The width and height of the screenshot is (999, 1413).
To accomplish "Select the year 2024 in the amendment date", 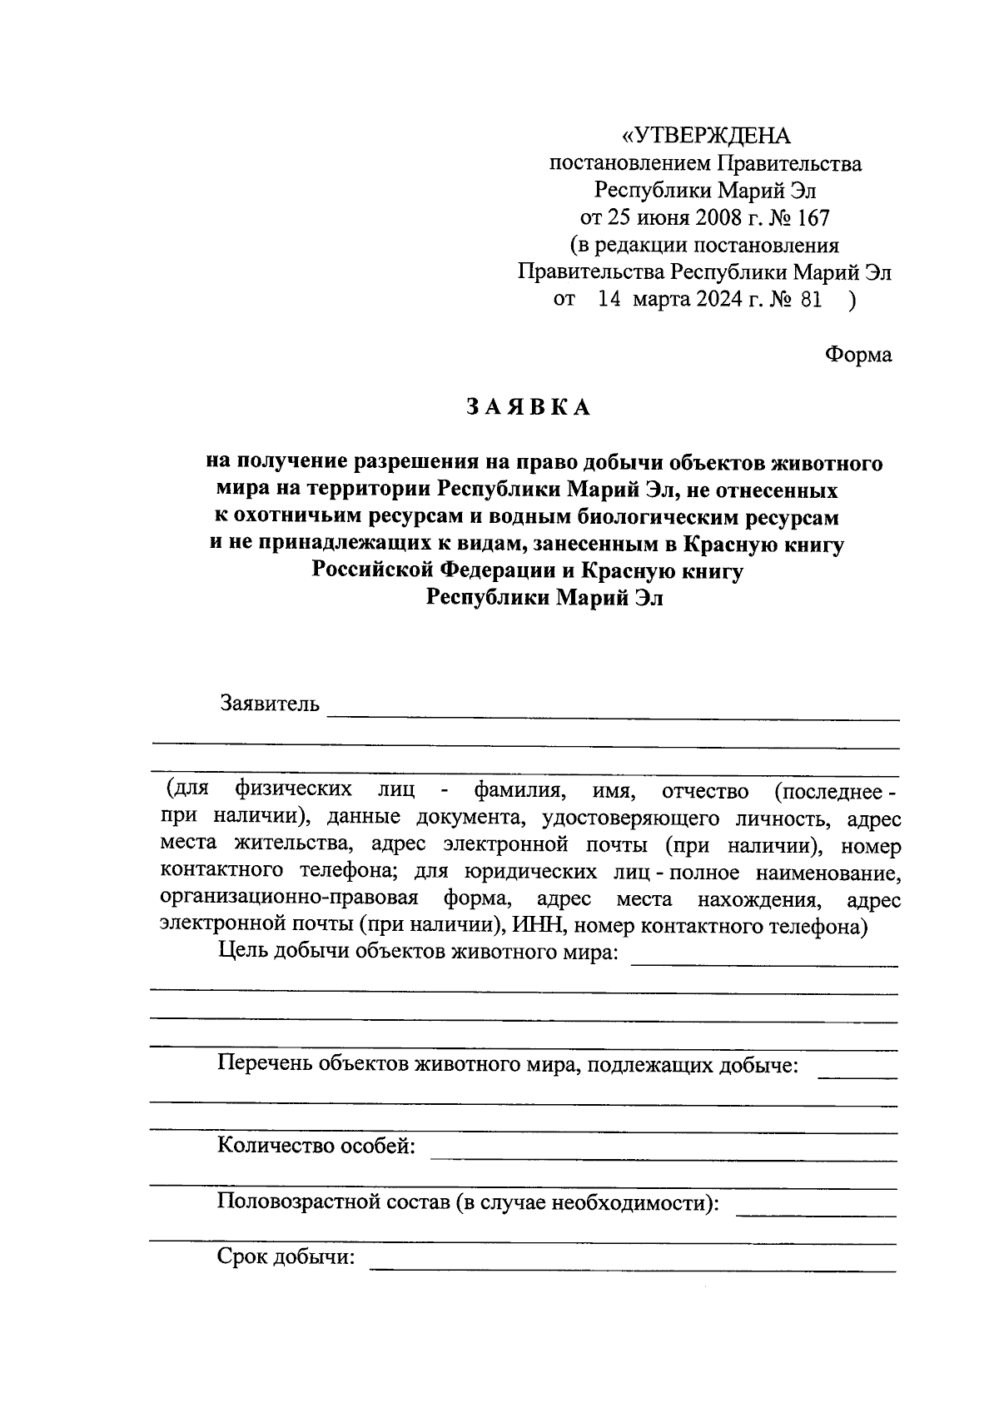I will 714,300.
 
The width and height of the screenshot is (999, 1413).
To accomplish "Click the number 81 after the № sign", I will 809,300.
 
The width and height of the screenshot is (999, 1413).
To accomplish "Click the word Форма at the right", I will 857,355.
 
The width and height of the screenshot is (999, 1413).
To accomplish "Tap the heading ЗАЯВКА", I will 528,407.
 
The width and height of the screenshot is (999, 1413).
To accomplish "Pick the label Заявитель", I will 269,704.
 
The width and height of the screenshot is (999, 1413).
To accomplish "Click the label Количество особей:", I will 316,1147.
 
